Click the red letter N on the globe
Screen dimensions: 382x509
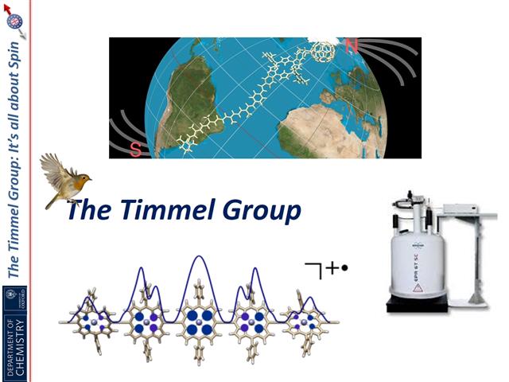pyautogui.click(x=351, y=46)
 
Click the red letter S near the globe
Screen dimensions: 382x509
pyautogui.click(x=135, y=149)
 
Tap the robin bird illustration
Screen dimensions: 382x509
pyautogui.click(x=66, y=180)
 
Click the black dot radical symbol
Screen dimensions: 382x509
pyautogui.click(x=345, y=269)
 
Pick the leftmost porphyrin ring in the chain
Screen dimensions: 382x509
pyautogui.click(x=91, y=322)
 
